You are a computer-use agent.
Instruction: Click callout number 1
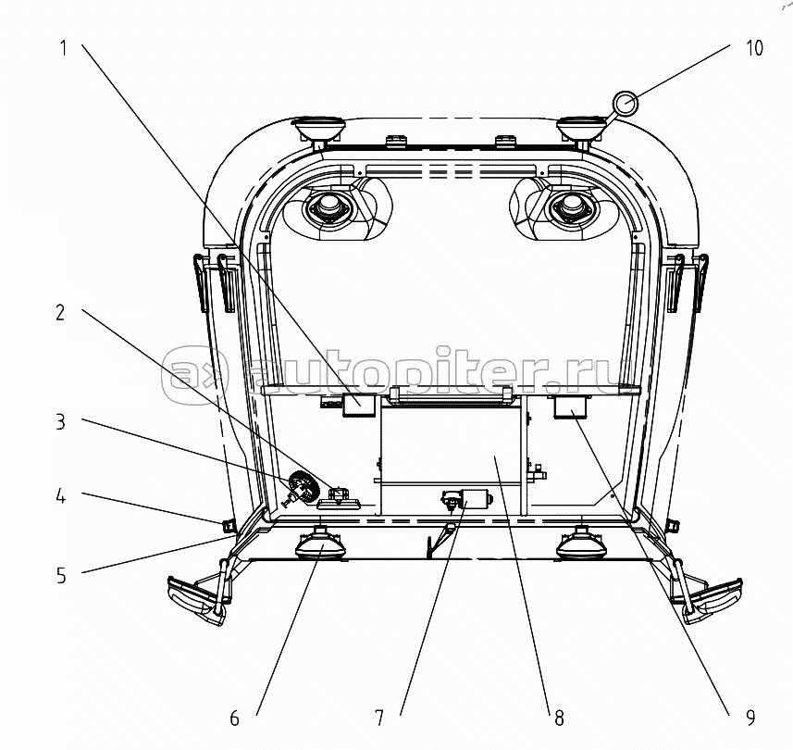tap(64, 48)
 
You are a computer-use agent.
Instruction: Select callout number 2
tap(60, 313)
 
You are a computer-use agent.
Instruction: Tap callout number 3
tap(60, 422)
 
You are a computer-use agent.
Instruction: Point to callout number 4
tap(60, 496)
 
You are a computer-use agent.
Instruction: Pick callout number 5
tap(60, 575)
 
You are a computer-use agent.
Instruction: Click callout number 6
tap(234, 717)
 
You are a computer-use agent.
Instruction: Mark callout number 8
tap(558, 717)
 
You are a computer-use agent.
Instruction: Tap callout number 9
tap(750, 717)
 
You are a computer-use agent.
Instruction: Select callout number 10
tap(754, 48)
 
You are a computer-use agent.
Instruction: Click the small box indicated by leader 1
tap(357, 406)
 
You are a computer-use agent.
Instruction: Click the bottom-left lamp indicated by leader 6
tap(320, 544)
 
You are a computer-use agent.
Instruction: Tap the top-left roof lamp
tap(317, 131)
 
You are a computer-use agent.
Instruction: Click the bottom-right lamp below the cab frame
tap(580, 544)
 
